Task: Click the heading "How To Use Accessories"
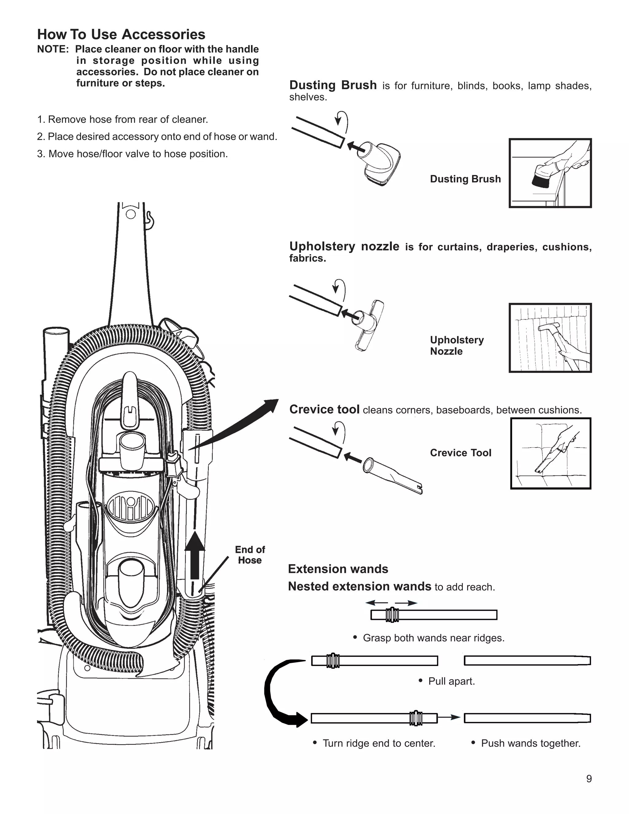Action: pyautogui.click(x=121, y=35)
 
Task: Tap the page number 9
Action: pyautogui.click(x=589, y=789)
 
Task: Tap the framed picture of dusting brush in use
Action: pyautogui.click(x=550, y=173)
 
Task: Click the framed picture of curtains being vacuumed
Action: pyautogui.click(x=550, y=338)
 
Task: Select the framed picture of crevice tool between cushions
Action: pyautogui.click(x=550, y=453)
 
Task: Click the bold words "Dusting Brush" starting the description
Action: pyautogui.click(x=333, y=85)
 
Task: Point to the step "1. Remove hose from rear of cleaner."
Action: pyautogui.click(x=123, y=119)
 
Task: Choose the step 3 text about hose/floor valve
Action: pyautogui.click(x=132, y=154)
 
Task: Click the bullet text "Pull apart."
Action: pyautogui.click(x=451, y=681)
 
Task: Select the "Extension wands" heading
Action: pyautogui.click(x=338, y=569)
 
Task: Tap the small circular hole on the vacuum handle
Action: pyautogui.click(x=131, y=215)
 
